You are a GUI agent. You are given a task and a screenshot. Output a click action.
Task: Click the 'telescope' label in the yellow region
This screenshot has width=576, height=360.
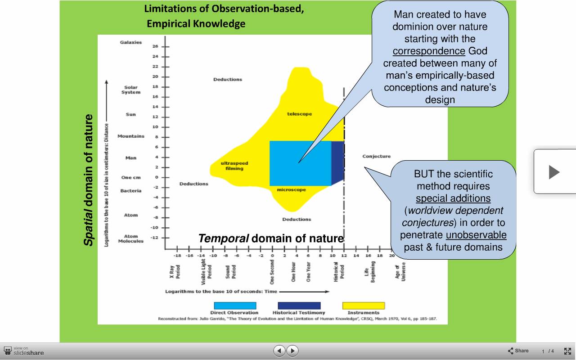[x=299, y=114]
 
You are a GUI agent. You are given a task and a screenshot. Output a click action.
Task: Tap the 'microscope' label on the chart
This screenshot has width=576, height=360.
[x=291, y=190]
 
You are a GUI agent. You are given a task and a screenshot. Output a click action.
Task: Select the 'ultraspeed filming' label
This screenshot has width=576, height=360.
[x=234, y=166]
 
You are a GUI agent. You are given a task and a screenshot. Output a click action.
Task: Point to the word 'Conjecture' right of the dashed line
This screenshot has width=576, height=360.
[x=377, y=156]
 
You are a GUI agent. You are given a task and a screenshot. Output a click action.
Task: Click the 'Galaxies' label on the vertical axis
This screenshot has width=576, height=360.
[x=130, y=42]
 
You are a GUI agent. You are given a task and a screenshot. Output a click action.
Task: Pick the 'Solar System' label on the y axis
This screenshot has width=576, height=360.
[x=131, y=90]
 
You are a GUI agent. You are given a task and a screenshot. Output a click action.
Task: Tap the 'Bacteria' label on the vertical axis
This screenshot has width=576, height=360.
[x=131, y=191]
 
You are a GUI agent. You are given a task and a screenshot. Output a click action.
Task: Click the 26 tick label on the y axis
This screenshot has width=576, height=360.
[x=155, y=46]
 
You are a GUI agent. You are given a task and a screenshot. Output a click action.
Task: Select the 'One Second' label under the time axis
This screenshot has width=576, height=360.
[x=272, y=272]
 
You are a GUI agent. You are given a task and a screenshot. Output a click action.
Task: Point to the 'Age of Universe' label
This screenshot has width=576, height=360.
[x=400, y=271]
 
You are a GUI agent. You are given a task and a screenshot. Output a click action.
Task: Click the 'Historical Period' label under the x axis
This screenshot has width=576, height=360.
[x=339, y=272]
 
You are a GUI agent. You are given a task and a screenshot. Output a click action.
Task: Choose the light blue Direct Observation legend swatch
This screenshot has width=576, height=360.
[x=235, y=306]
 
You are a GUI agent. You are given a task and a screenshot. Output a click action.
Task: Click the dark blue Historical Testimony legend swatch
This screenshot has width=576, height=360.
[x=299, y=306]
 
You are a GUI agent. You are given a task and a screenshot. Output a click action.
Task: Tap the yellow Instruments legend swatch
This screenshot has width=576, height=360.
[x=364, y=306]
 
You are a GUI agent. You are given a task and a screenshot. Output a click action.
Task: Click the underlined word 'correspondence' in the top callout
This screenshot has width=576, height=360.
[x=429, y=51]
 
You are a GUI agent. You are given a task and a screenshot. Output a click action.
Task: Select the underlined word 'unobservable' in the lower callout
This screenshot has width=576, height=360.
[x=476, y=235]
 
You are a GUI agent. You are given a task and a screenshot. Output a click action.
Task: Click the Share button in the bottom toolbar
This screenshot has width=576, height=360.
[x=518, y=351]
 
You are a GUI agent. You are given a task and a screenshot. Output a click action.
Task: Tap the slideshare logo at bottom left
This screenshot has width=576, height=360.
[x=24, y=351]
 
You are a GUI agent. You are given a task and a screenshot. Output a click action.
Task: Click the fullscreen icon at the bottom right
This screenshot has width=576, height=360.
[x=567, y=351]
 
